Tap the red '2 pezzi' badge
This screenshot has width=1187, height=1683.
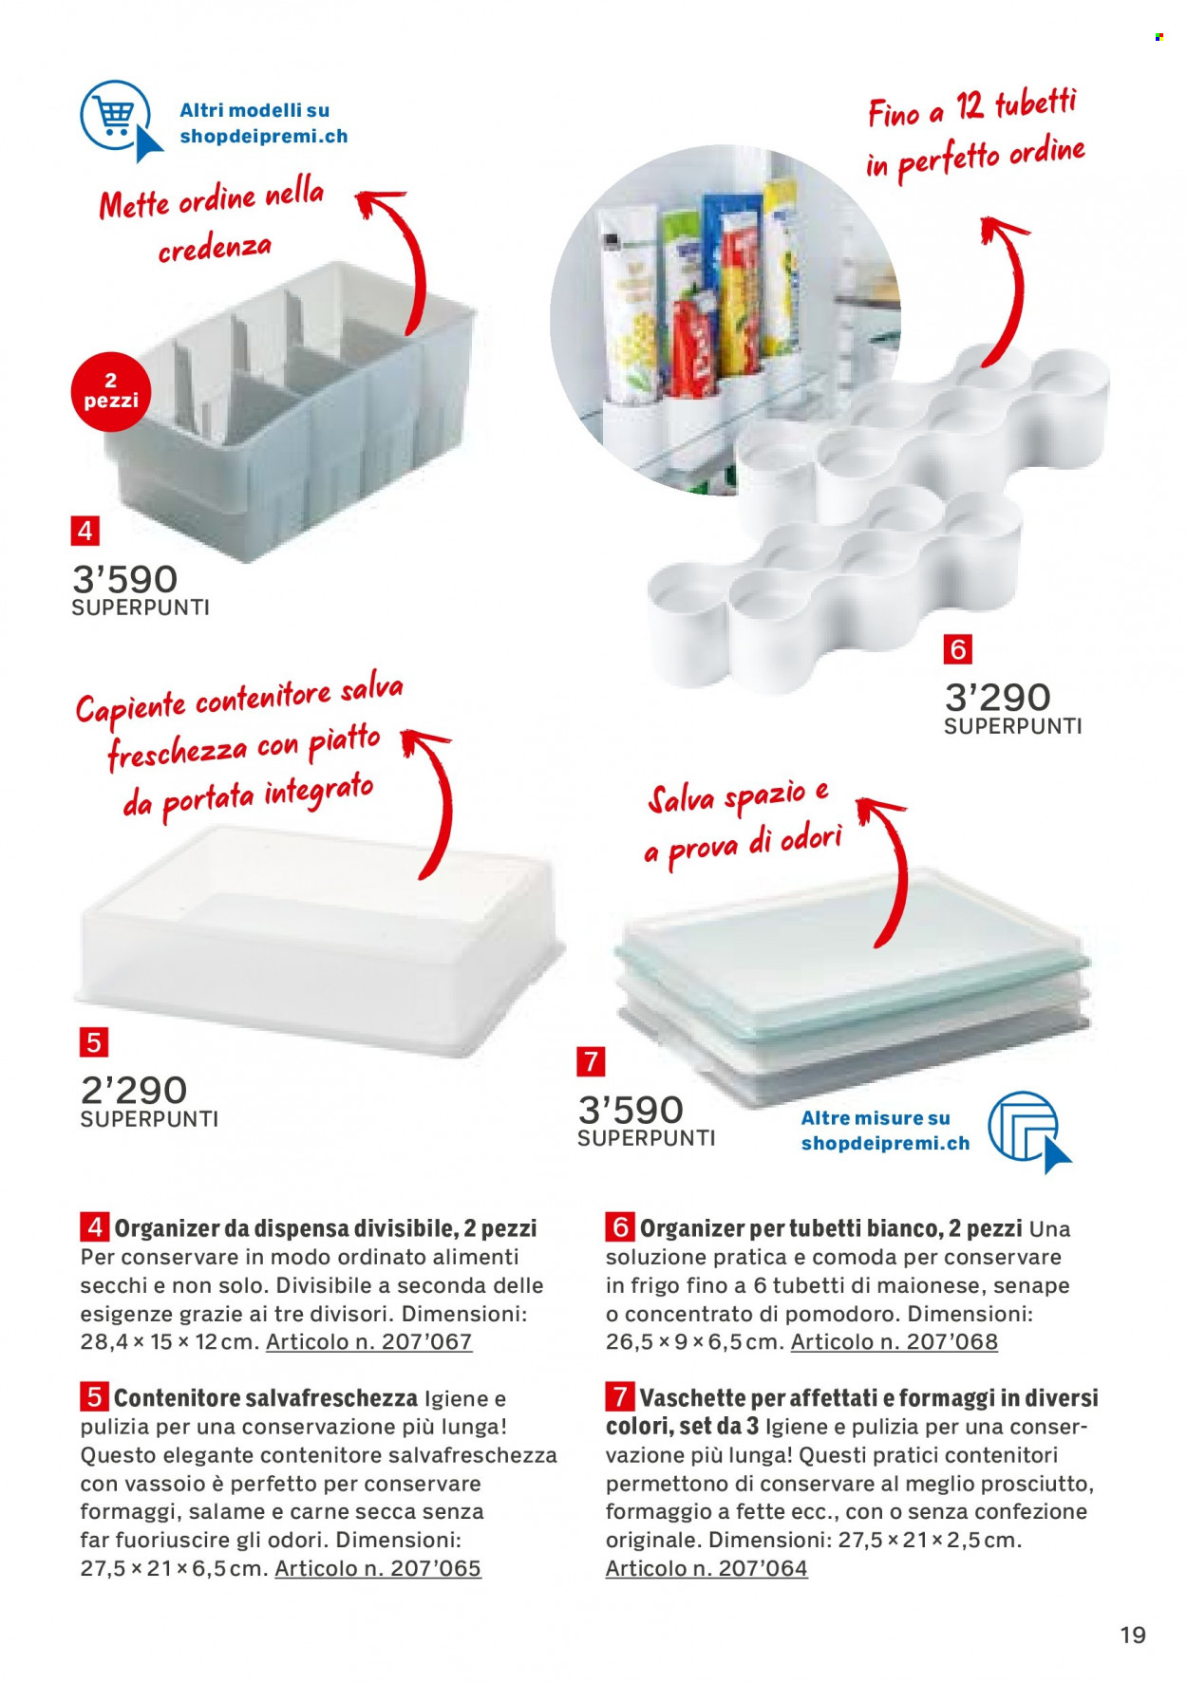tap(110, 391)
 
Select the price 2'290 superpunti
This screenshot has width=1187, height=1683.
tap(149, 1100)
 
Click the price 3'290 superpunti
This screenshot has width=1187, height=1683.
tap(1012, 707)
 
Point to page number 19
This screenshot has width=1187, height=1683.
tap(1133, 1635)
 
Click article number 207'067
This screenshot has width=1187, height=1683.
tap(368, 1341)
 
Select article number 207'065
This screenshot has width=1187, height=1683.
tap(378, 1568)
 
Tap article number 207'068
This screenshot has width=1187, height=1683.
tap(895, 1341)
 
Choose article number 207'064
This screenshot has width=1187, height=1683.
tap(707, 1568)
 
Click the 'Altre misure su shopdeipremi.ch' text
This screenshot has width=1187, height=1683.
tap(885, 1131)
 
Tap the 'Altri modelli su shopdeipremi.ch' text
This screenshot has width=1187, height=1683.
tap(264, 123)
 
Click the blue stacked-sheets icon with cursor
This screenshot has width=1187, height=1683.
tap(1029, 1131)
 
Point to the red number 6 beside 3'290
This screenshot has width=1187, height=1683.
tap(957, 649)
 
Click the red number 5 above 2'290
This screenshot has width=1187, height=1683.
tap(93, 1042)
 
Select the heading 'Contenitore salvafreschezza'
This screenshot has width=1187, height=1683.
tap(265, 1397)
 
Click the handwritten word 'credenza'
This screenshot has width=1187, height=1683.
tap(215, 249)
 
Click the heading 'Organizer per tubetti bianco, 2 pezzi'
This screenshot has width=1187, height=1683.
tap(831, 1227)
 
